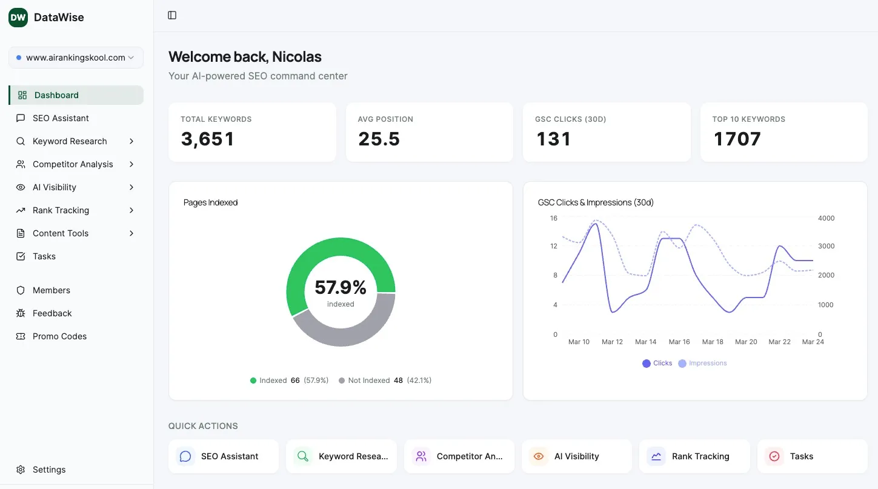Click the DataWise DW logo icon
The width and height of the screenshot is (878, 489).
click(x=18, y=18)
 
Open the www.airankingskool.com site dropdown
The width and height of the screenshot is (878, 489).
click(x=76, y=58)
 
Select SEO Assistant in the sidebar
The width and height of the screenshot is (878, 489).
click(x=61, y=118)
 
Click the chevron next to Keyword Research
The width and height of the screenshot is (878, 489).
click(x=131, y=141)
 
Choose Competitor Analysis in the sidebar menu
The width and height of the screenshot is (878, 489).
click(x=73, y=164)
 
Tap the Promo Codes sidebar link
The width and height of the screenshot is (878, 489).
click(x=59, y=336)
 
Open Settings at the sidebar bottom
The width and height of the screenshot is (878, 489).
click(x=49, y=470)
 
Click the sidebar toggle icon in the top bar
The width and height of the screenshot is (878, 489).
click(x=172, y=15)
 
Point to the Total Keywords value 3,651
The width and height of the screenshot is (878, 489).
click(x=207, y=139)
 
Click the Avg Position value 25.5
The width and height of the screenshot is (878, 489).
click(x=379, y=139)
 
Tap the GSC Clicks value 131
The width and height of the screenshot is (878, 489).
click(x=553, y=139)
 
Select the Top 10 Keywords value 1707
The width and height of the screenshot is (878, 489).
click(x=737, y=139)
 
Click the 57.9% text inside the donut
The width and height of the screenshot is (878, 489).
click(x=341, y=287)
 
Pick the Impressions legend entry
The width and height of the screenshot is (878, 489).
click(x=703, y=363)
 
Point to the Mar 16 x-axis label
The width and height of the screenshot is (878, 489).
click(x=679, y=342)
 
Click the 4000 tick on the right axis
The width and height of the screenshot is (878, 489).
click(x=826, y=218)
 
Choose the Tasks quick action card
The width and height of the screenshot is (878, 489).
click(x=812, y=456)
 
